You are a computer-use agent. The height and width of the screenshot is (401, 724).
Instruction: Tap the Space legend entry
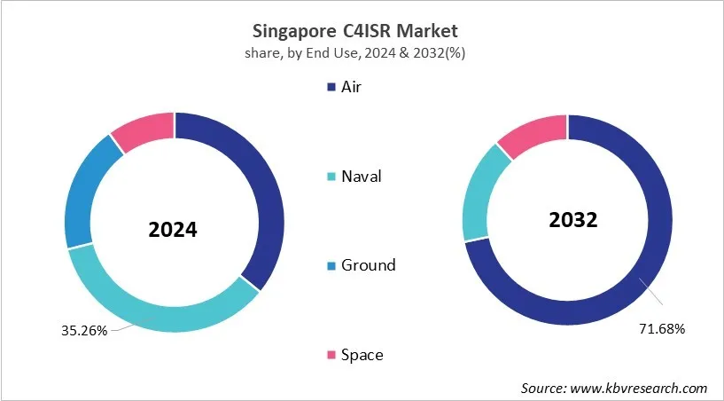pyautogui.click(x=362, y=355)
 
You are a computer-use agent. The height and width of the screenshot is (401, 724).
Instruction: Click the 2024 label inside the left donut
pyautogui.click(x=173, y=230)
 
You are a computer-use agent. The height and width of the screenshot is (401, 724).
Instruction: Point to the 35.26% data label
pyautogui.click(x=84, y=331)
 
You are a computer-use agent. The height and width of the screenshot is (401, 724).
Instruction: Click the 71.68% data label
pyautogui.click(x=662, y=329)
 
